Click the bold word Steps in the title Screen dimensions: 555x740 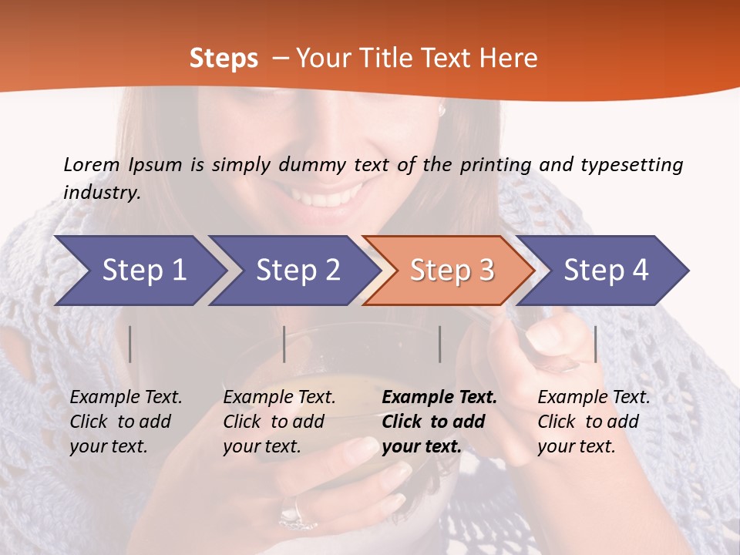[x=224, y=59]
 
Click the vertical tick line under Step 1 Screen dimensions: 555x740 [x=130, y=344]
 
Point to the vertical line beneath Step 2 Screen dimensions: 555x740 [x=284, y=344]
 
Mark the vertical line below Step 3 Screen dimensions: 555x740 [x=440, y=344]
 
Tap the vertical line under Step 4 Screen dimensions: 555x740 [x=595, y=344]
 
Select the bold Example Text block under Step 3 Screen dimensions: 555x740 [x=439, y=422]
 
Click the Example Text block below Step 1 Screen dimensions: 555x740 [x=126, y=422]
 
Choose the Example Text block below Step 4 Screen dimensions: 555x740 [x=594, y=422]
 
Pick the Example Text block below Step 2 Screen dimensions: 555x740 [x=279, y=422]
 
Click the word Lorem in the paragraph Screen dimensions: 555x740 [x=92, y=165]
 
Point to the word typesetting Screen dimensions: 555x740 [x=631, y=165]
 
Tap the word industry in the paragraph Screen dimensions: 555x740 [x=101, y=193]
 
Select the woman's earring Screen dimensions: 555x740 [x=442, y=110]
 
